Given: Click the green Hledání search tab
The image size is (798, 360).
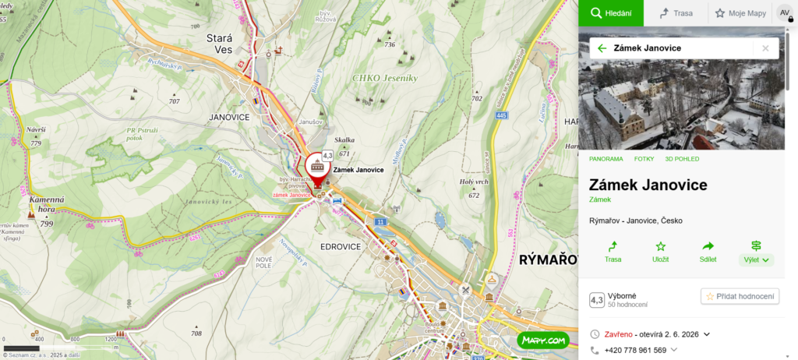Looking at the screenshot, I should click(610, 12).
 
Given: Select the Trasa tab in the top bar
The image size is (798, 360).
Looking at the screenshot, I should click(676, 12).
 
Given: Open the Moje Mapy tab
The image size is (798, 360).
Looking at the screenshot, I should click(740, 12).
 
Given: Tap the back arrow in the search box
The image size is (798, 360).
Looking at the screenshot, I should click(602, 48).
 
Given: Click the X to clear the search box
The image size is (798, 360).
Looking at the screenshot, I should click(765, 48).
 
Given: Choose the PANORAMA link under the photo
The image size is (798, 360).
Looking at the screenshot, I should click(606, 159).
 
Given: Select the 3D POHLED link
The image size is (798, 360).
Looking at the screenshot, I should click(682, 159).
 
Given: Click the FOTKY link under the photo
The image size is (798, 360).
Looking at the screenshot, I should click(644, 159).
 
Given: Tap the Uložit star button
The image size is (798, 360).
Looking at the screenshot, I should click(660, 251).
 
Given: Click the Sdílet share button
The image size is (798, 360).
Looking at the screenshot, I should click(708, 251).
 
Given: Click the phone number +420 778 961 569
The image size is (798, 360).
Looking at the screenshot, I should click(635, 351).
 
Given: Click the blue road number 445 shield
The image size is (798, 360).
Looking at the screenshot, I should click(501, 116).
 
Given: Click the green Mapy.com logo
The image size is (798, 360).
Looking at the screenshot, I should click(542, 341).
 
